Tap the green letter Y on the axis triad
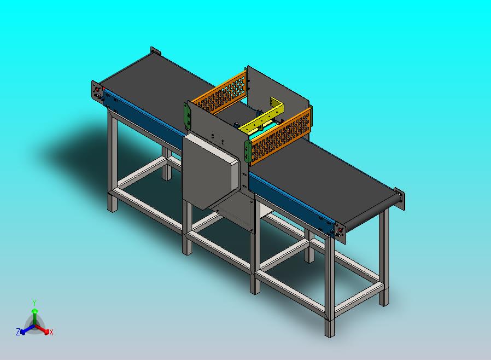(x=34, y=303)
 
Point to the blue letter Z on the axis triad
(x=18, y=332)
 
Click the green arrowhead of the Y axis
(x=35, y=311)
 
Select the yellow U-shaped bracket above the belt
(x=262, y=117)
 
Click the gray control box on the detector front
(x=211, y=171)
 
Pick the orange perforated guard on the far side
(x=220, y=93)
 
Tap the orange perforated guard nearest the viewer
(x=281, y=135)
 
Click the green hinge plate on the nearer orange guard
(x=248, y=152)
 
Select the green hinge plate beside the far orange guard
(x=187, y=115)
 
